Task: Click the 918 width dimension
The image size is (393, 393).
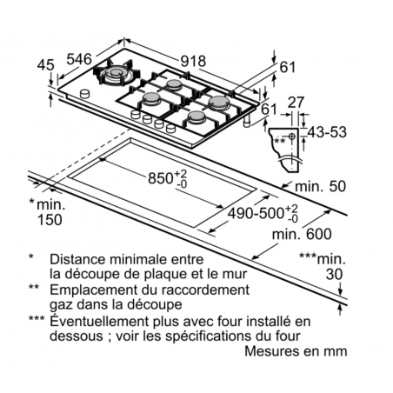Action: point(193,61)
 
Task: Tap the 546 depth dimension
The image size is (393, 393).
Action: point(79,59)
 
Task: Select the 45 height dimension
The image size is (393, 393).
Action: point(46,65)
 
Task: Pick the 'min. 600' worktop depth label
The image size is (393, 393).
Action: point(302,234)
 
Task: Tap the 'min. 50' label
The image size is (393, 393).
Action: point(320,186)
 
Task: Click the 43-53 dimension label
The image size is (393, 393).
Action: point(327,132)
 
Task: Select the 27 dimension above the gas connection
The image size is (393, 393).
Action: point(296,103)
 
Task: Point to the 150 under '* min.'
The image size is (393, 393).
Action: point(50,220)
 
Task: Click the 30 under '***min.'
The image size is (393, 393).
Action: point(334,274)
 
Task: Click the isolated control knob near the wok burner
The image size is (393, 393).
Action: point(84,94)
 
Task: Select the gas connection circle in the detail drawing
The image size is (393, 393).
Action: point(292,137)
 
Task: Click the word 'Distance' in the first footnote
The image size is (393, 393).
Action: point(77,259)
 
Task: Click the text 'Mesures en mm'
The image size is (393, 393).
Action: point(296,351)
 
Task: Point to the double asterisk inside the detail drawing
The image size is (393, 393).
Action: point(280,141)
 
